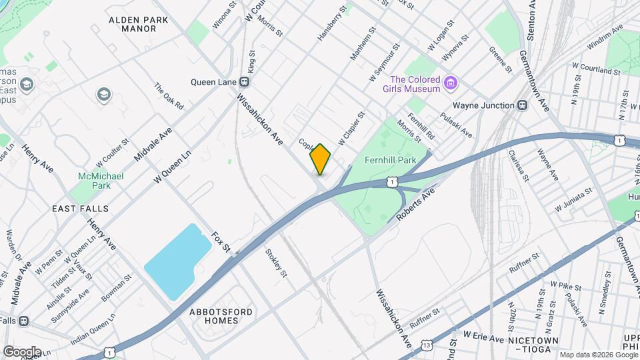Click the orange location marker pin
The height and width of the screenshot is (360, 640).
(x=321, y=159)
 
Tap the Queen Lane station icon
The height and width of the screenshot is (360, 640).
(x=245, y=82)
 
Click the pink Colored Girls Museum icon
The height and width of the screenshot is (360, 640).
(x=451, y=83)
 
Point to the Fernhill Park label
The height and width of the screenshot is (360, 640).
(x=391, y=160)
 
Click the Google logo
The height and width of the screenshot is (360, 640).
(x=22, y=351)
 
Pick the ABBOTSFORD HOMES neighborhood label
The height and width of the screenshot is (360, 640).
(x=214, y=316)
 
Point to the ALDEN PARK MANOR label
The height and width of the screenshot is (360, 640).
(x=139, y=25)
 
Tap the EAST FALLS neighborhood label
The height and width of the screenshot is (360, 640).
(x=81, y=209)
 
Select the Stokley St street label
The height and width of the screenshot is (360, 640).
(x=275, y=263)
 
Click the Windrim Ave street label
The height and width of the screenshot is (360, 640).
(x=605, y=38)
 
